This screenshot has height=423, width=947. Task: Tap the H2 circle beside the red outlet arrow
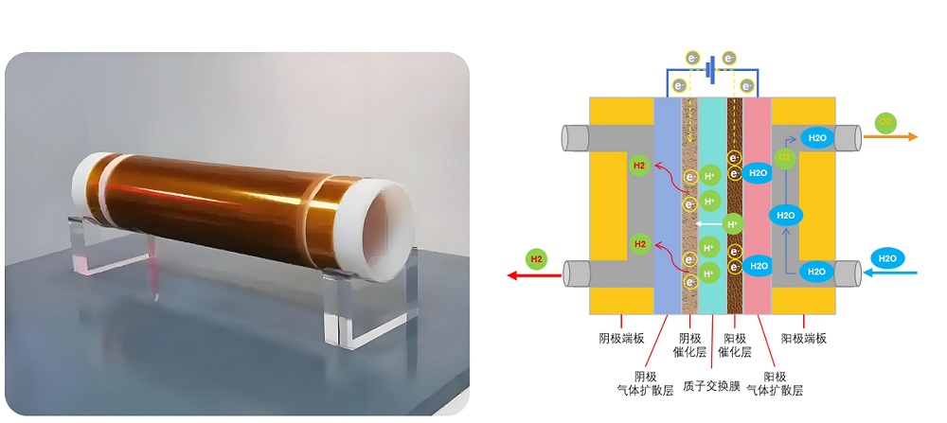537,258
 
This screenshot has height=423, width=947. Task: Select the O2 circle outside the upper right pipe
885,122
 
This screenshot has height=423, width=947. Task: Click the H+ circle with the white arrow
731,224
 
